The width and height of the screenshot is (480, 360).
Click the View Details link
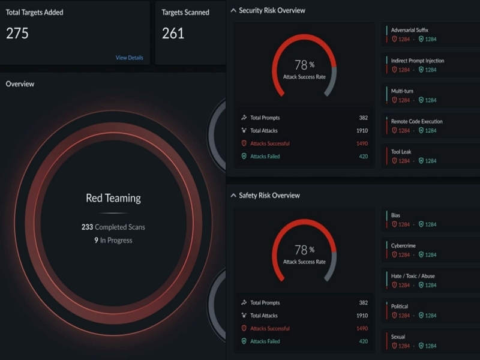click(129, 58)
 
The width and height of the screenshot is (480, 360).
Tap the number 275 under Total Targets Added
click(17, 34)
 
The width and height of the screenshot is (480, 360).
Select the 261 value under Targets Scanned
click(173, 34)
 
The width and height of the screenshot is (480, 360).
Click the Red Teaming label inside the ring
click(113, 198)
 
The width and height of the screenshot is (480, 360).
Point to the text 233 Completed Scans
click(113, 227)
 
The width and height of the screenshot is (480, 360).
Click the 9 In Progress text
click(113, 241)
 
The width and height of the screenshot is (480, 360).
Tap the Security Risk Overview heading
click(272, 10)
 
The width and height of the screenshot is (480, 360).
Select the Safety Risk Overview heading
click(269, 195)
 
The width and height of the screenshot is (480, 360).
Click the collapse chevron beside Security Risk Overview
click(233, 10)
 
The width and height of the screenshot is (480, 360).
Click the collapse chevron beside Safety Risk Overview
click(233, 195)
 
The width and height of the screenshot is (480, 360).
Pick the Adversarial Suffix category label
click(409, 30)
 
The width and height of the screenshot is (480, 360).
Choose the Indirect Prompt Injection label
click(417, 61)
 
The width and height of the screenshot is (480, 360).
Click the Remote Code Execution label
click(416, 121)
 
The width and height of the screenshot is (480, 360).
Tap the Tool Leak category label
click(401, 152)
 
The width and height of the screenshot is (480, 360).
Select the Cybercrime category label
click(403, 245)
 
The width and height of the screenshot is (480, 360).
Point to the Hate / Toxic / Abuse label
click(413, 276)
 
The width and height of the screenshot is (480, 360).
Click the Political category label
click(400, 307)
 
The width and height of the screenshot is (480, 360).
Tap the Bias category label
click(395, 215)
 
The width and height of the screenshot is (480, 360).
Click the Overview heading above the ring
click(20, 84)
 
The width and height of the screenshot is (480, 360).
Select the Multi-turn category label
click(403, 91)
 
